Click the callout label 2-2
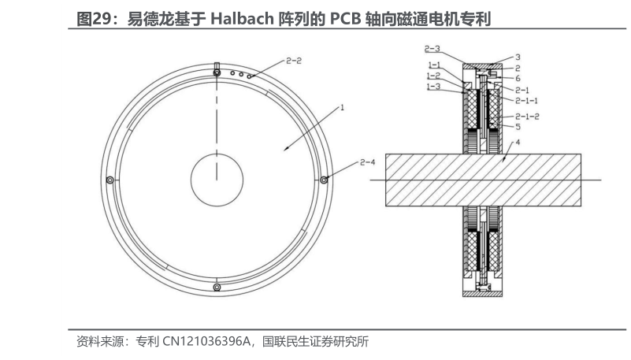point(293,60)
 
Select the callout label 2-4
point(367,162)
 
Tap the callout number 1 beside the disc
point(343,107)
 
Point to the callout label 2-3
point(432,48)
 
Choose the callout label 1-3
point(433,87)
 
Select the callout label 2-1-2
point(527,116)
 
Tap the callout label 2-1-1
point(526,101)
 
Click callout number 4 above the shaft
point(517,143)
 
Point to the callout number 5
point(517,126)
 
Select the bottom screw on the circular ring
point(216,288)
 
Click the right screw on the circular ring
point(324,180)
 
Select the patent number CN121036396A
point(206,342)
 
